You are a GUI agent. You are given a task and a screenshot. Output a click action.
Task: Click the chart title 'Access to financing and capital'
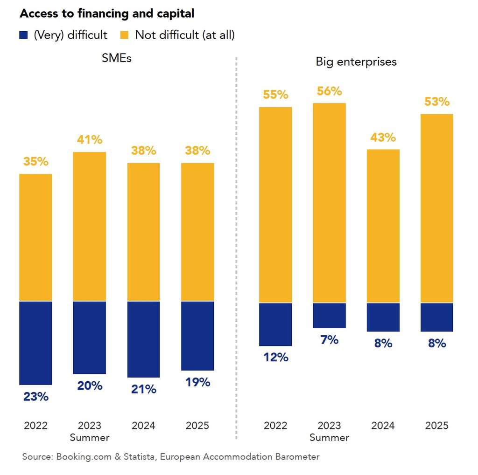tap(107, 14)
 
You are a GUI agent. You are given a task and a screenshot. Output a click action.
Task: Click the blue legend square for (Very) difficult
tap(24, 35)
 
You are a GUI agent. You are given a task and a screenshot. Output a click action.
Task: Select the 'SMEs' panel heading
tap(116, 59)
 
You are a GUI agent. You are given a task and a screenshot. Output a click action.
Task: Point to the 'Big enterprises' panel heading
tap(356, 62)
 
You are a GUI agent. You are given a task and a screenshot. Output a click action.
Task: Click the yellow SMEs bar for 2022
tap(35, 237)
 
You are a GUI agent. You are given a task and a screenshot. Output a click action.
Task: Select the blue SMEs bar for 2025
tap(197, 336)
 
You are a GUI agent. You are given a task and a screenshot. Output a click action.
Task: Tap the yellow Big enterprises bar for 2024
tap(383, 226)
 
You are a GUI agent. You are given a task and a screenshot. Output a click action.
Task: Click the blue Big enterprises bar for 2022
tap(275, 324)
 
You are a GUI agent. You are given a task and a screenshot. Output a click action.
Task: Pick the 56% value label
tap(330, 91)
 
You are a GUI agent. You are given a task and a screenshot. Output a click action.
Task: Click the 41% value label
tap(90, 139)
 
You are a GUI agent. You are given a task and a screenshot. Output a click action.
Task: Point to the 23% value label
tap(36, 397)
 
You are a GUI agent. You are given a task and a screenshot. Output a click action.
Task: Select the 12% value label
tap(275, 358)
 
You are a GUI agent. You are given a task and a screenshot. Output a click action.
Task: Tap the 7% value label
tap(330, 340)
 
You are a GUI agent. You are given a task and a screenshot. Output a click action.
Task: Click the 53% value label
tap(437, 102)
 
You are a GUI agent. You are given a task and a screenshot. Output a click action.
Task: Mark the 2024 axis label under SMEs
tap(143, 426)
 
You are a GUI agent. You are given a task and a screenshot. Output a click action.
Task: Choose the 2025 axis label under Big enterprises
tap(437, 426)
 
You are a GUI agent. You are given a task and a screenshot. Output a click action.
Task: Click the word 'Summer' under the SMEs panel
tap(90, 438)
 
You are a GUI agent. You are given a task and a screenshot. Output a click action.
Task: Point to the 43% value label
tap(383, 138)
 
